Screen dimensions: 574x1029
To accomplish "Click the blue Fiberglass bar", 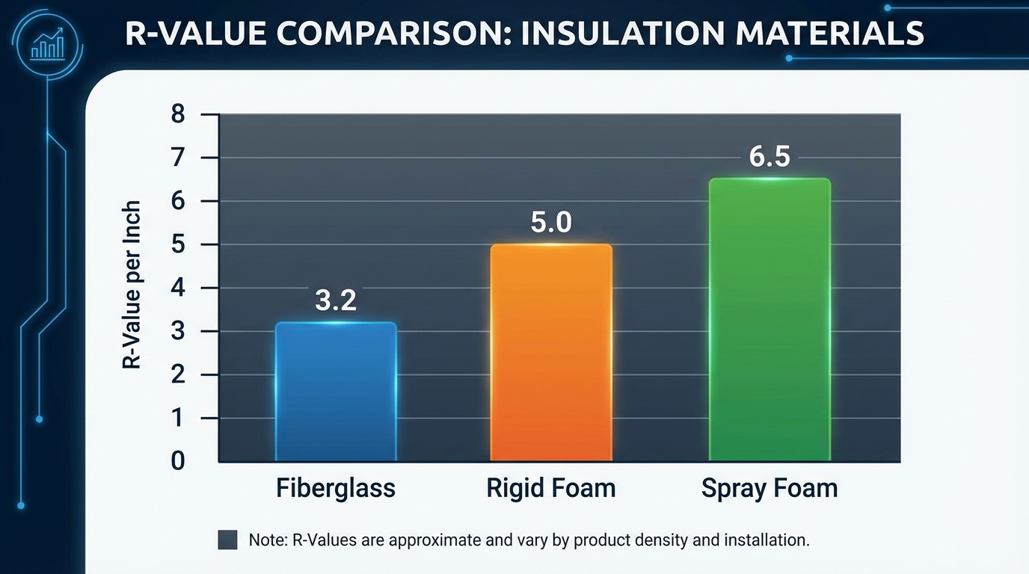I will [x=336, y=391].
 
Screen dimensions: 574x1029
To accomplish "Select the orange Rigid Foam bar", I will [x=551, y=352].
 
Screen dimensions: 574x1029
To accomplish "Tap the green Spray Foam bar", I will [x=770, y=319].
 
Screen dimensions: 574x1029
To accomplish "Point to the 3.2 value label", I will [x=336, y=300].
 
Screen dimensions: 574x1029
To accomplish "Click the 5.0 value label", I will [x=551, y=222].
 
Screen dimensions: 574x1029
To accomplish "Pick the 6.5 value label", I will [x=770, y=157].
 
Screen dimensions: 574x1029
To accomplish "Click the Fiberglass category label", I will [x=336, y=488].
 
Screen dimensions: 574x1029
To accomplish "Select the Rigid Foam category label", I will [x=551, y=488].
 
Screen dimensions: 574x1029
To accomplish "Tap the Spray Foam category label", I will [x=770, y=488].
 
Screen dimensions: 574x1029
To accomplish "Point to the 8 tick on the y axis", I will [x=177, y=114].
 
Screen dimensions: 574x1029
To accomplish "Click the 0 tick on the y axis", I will [x=177, y=461].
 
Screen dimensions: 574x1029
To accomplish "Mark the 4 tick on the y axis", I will [x=177, y=288].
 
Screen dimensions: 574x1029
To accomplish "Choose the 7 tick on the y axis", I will [x=177, y=158].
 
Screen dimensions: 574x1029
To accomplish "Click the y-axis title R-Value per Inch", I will [x=132, y=285].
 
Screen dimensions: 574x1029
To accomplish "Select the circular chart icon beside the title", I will [x=47, y=43].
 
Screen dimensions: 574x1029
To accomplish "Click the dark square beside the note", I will [x=227, y=540].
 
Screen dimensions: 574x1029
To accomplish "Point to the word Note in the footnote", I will [x=265, y=540].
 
